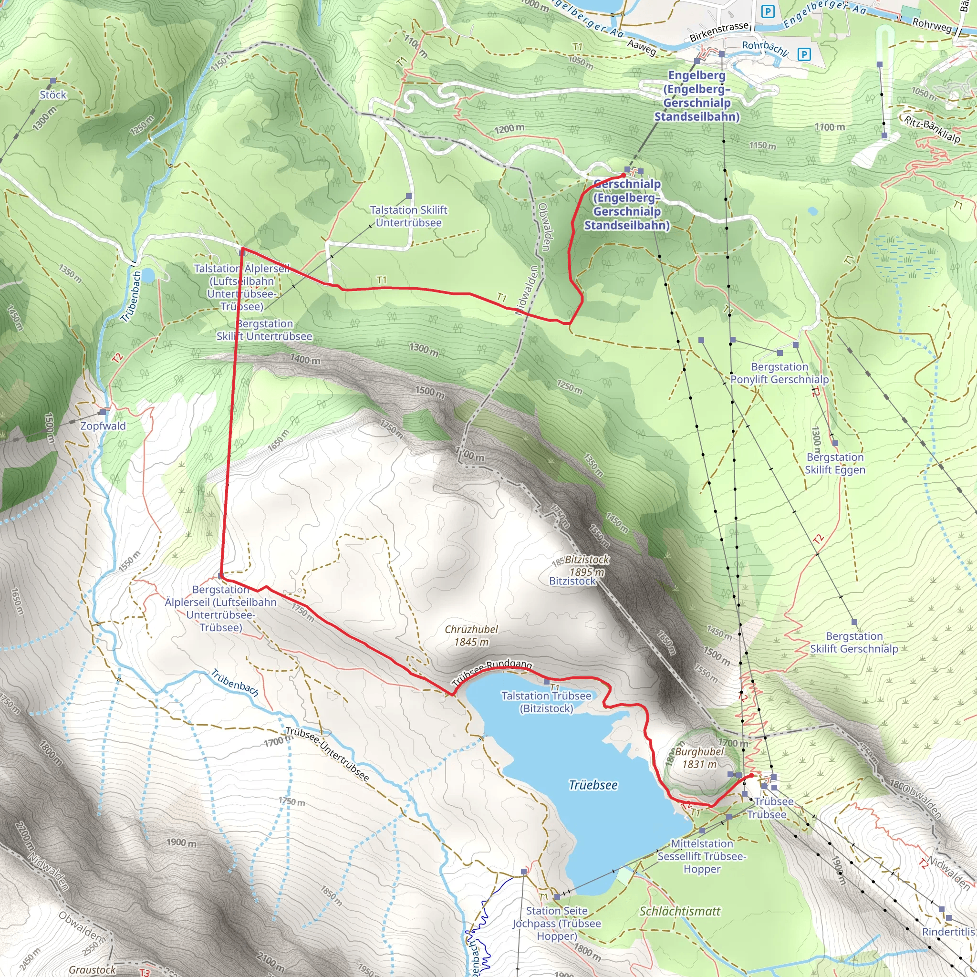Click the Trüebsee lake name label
click(x=592, y=785)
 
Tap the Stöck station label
click(x=52, y=94)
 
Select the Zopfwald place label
click(x=103, y=426)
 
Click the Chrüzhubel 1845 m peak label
click(x=471, y=635)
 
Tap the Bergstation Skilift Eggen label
click(x=834, y=463)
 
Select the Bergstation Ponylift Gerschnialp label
click(x=780, y=373)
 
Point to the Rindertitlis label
click(x=948, y=932)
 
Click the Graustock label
click(x=92, y=969)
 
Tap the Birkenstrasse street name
click(x=718, y=31)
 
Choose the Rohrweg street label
click(x=932, y=24)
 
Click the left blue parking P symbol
click(x=768, y=11)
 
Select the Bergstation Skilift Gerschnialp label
click(x=853, y=642)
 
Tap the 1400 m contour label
click(x=305, y=359)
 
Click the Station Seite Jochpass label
click(x=556, y=924)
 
